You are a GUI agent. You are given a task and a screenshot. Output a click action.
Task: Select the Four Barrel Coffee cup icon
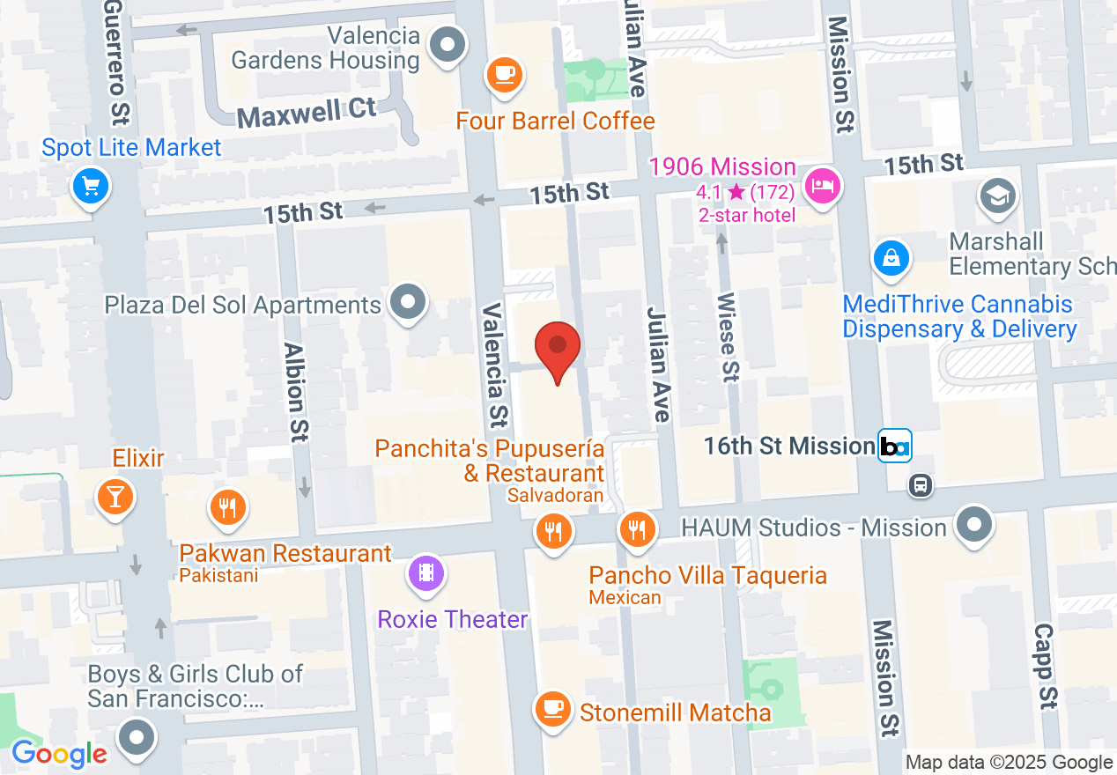[505, 73]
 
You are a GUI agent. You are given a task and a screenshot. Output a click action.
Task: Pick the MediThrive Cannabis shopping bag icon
[891, 258]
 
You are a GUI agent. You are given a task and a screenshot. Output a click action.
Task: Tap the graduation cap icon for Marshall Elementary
[997, 196]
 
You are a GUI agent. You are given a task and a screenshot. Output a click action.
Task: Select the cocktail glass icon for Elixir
[115, 496]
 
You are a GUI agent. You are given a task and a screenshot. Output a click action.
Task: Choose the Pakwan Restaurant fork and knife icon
[227, 506]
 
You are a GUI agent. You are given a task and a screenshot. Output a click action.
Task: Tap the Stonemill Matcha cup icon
[552, 707]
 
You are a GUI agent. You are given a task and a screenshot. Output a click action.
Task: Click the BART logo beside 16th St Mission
[895, 446]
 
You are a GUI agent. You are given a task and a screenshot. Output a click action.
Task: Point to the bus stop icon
[921, 484]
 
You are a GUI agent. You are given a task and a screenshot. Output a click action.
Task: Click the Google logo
[59, 754]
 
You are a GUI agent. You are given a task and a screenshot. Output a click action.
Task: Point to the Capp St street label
[1046, 667]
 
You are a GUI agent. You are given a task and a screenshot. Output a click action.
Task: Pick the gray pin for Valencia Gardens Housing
[448, 43]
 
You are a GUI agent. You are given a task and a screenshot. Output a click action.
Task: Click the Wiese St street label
[729, 338]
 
